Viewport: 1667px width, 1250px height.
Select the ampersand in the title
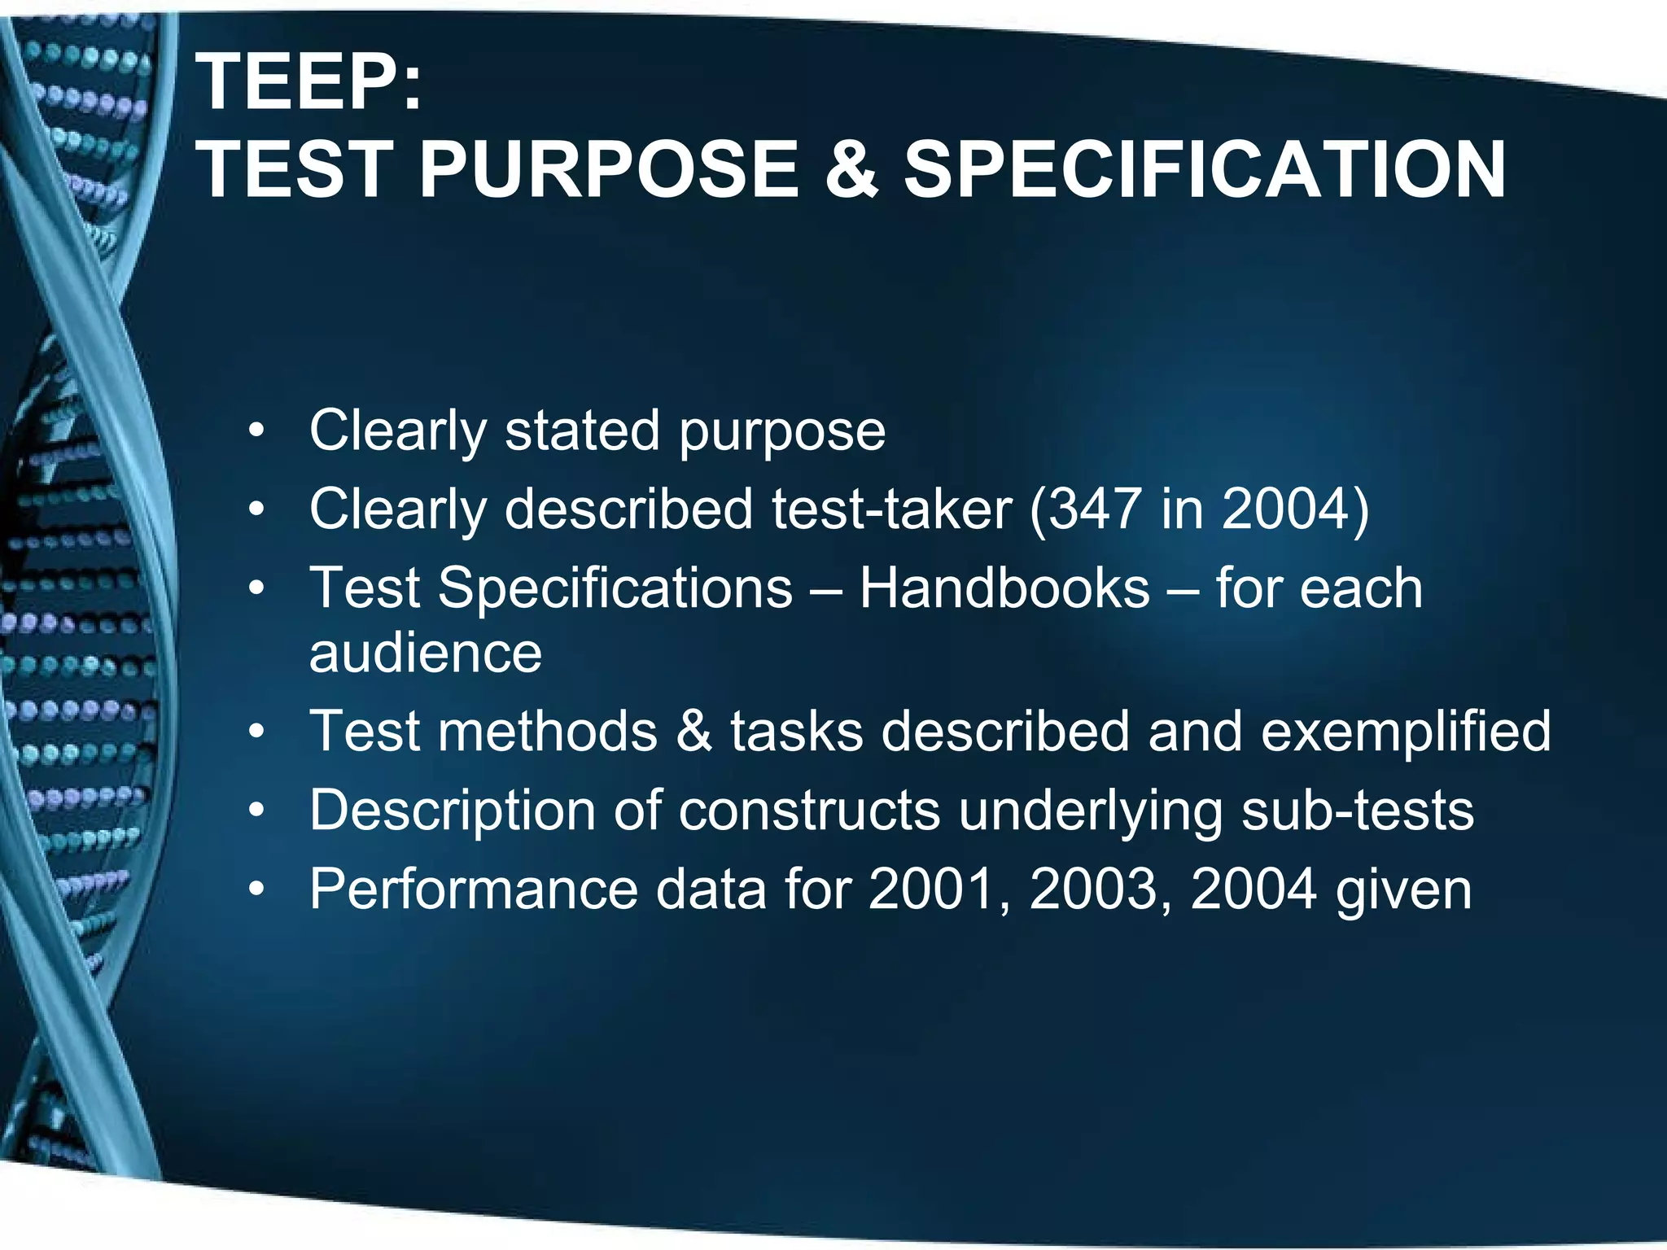point(851,169)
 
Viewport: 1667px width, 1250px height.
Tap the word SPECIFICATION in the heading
point(1204,169)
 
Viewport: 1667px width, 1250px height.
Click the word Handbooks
point(1004,588)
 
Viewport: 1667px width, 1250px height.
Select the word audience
point(426,653)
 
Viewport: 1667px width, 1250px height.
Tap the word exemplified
point(1406,731)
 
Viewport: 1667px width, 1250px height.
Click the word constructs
point(809,811)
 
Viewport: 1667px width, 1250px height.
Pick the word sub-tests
point(1357,811)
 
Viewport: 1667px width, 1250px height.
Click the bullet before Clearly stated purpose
point(257,431)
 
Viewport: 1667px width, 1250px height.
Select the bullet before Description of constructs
point(257,811)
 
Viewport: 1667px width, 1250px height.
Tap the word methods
point(548,731)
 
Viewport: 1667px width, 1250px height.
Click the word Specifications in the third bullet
point(615,588)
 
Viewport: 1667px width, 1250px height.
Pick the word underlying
point(1090,812)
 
